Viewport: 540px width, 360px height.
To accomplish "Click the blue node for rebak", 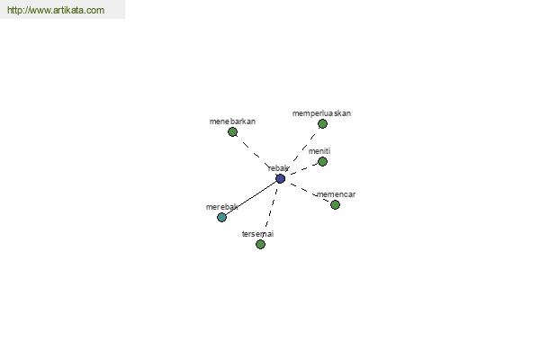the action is pos(280,179).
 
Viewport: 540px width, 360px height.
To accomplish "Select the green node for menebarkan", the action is pos(232,132).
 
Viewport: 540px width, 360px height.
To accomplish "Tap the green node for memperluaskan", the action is pos(322,123).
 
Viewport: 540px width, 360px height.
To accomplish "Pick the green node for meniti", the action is pos(322,162).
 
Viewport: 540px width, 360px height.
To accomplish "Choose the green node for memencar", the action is pos(335,205).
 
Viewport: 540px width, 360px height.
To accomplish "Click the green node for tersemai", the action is pos(260,245).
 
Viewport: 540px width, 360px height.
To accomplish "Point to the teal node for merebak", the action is pos(221,218).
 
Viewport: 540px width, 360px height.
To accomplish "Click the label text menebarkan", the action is pos(232,121).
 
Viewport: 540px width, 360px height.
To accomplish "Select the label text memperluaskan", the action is pos(321,113).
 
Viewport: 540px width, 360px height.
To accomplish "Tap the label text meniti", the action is pos(319,151).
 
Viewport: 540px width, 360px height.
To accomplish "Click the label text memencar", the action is pos(336,194).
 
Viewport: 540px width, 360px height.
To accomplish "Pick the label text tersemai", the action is pos(257,234).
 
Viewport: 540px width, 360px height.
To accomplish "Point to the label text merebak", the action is pos(221,207).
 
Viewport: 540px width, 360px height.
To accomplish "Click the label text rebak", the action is pos(278,168).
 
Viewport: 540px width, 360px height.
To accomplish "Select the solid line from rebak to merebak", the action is pos(251,198).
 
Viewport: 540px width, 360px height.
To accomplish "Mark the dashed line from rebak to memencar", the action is pos(308,192).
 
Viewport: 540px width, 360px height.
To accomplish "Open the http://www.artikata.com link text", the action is pos(56,10).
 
